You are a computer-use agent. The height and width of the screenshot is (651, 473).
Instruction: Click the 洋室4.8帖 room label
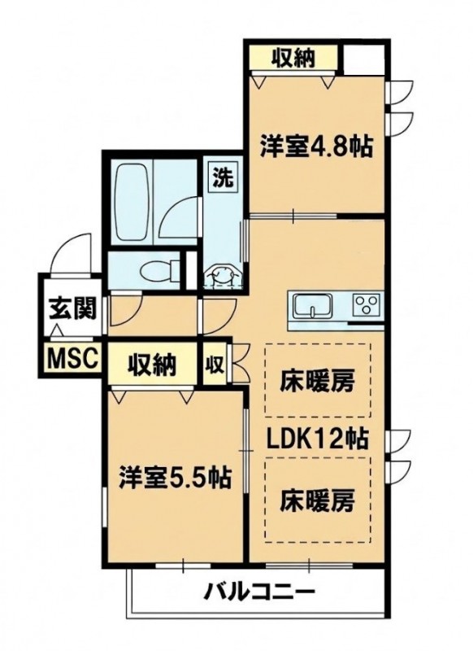(315, 146)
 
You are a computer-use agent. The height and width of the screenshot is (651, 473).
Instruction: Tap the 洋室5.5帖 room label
(175, 478)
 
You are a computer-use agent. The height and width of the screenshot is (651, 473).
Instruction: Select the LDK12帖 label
(317, 439)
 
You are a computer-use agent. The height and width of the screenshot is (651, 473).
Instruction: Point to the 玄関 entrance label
(72, 308)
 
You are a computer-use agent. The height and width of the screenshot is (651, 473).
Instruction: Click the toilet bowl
(155, 272)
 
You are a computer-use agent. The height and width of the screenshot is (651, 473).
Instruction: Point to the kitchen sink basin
(313, 306)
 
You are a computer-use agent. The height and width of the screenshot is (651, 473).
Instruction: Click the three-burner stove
(366, 305)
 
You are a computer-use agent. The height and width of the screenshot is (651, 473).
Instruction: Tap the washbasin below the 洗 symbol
(222, 276)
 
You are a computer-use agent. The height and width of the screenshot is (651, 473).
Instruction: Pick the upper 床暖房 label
(317, 381)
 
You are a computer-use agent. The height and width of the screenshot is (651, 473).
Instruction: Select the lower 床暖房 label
(318, 500)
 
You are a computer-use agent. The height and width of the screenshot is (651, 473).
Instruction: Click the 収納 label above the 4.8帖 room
(293, 58)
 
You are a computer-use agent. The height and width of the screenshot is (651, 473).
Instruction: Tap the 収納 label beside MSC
(152, 365)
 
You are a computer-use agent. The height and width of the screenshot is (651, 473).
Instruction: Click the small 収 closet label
(215, 365)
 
